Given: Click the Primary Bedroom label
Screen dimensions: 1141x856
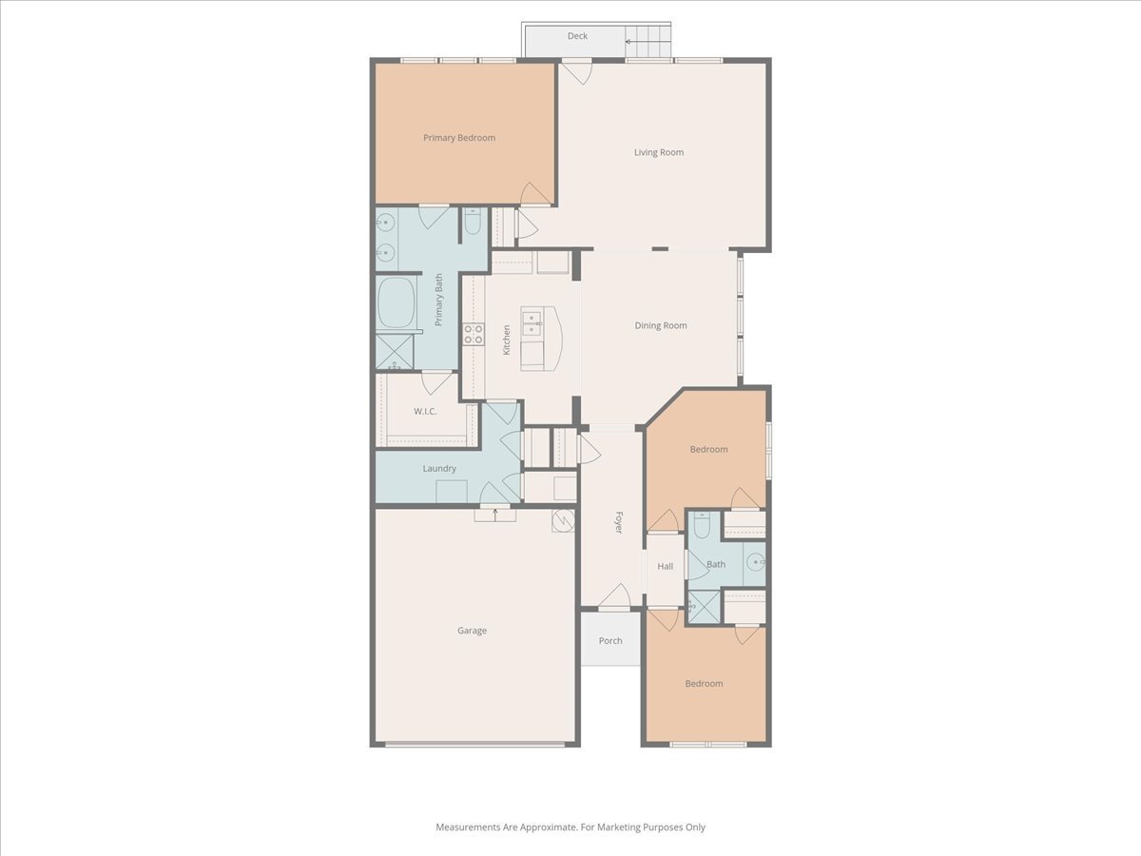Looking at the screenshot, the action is [459, 138].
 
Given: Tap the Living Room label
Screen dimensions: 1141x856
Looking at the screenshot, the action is [659, 152].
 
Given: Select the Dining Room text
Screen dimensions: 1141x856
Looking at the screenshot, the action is [661, 325].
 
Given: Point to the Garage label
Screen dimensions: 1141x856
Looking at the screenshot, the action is [472, 631].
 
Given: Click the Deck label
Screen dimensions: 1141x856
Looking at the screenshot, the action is [577, 36].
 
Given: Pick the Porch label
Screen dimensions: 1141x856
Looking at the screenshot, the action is [610, 641].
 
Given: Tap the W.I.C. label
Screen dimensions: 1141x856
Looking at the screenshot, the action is [425, 411].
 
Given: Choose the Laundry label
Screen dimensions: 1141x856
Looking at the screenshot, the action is [439, 468].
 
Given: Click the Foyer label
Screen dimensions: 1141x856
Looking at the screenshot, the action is [619, 522].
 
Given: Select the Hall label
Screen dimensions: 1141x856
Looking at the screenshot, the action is [666, 566].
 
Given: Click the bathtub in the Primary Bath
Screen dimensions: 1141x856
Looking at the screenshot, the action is [396, 302].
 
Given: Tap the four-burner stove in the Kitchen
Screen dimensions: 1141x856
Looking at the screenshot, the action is [474, 334].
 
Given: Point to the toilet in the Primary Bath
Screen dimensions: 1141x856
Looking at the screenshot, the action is [473, 222].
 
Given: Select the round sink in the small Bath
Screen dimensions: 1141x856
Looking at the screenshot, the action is [755, 562].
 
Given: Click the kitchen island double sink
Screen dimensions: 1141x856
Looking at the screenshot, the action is [532, 322].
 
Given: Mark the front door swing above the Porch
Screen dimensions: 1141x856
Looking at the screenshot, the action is [615, 595].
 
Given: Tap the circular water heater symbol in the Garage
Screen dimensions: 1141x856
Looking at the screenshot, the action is [564, 520].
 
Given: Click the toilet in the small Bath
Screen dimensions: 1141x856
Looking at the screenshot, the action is [701, 525].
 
